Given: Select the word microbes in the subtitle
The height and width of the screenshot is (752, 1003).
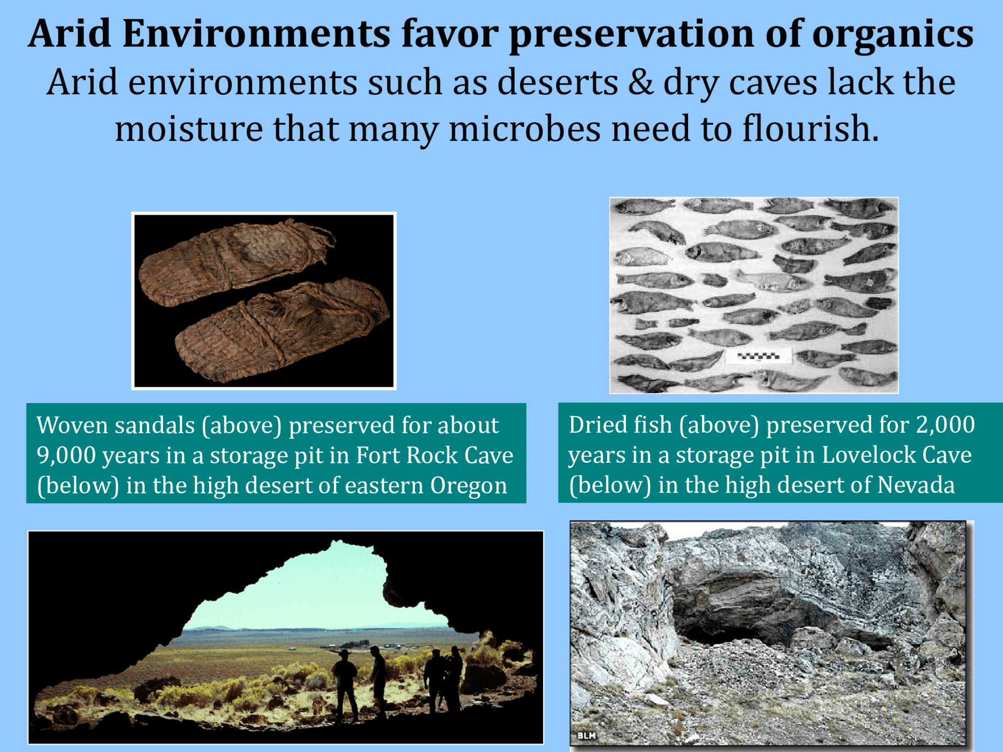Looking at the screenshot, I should coord(525,129).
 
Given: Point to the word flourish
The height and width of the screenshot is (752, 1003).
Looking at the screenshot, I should coord(811,129).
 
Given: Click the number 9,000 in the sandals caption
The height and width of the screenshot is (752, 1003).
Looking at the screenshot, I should coord(66,455).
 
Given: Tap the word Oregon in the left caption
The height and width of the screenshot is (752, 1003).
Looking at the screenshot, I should coord(468,486).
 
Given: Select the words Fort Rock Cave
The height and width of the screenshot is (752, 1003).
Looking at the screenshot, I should coord(434,455).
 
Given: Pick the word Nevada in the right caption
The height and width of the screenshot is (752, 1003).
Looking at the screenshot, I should coord(916,485).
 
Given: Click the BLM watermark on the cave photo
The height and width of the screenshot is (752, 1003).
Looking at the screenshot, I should coord(586,735).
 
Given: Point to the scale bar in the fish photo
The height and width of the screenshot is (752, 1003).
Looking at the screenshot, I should coord(758,356).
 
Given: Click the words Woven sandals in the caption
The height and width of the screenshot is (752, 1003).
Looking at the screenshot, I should coord(116,425).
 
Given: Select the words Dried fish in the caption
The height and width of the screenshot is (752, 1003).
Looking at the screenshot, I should coord(620,424).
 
